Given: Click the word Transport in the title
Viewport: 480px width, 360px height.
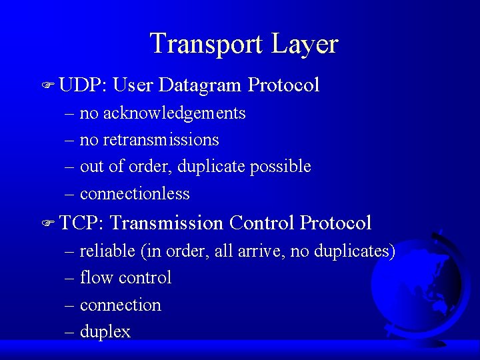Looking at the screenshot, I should pyautogui.click(x=207, y=44).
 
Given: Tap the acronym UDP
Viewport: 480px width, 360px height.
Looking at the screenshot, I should pyautogui.click(x=80, y=85).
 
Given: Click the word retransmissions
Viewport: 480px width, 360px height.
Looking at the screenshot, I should pyautogui.click(x=161, y=140).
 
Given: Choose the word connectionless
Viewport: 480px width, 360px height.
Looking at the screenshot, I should pyautogui.click(x=135, y=194).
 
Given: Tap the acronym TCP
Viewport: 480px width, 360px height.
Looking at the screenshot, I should pyautogui.click(x=80, y=223).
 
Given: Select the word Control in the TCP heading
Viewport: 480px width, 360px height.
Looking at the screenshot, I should pyautogui.click(x=262, y=223).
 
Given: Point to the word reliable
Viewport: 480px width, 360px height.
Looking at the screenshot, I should pyautogui.click(x=107, y=251).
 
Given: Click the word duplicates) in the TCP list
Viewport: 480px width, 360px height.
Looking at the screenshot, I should pyautogui.click(x=353, y=251).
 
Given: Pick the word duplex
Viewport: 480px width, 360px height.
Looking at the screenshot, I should pyautogui.click(x=105, y=332).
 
